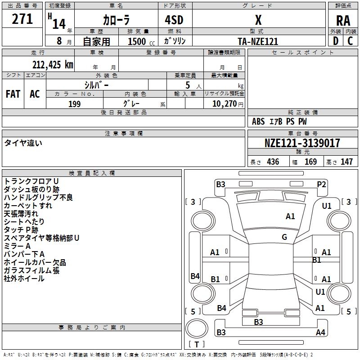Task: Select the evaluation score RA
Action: point(343,20)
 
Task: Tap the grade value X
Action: point(258,20)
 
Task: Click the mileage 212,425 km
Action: point(53,64)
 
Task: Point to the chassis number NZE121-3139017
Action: point(302,143)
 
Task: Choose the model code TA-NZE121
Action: point(258,41)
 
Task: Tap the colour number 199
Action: point(74,104)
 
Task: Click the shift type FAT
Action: point(13,94)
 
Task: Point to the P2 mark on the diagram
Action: point(321,184)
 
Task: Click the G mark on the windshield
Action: point(284,237)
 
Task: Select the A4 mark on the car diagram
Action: point(320,333)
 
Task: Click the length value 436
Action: point(273,162)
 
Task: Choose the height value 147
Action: point(346,162)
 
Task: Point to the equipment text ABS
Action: point(258,121)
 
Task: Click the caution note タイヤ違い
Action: point(23,143)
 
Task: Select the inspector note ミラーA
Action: point(17,246)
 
